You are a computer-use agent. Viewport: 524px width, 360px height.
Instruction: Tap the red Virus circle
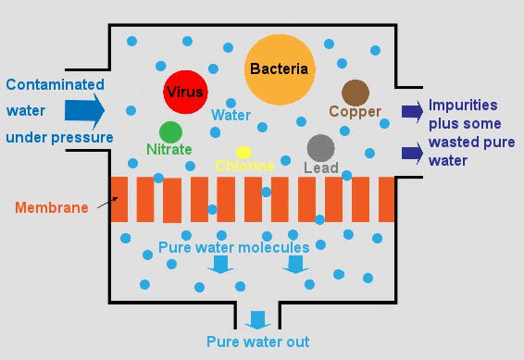coord(184,92)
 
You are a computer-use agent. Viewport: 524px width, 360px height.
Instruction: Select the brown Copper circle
coord(356,93)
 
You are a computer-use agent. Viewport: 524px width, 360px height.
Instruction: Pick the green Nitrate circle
coord(170,132)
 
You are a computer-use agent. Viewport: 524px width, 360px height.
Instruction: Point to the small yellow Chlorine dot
coord(243,152)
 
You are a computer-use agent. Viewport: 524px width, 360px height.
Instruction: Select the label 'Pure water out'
coord(257,341)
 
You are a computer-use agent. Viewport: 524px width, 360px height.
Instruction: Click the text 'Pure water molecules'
coord(233,248)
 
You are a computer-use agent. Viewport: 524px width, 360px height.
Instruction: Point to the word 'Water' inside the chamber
coord(231,117)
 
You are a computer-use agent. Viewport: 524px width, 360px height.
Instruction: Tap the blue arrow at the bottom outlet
coord(257,320)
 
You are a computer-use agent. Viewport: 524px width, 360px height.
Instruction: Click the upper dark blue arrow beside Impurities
coord(411,111)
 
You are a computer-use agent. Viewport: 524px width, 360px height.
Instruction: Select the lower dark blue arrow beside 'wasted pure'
coord(411,152)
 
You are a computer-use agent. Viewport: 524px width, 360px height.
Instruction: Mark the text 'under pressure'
coord(59,138)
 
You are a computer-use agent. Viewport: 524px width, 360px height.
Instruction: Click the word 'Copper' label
coord(356,112)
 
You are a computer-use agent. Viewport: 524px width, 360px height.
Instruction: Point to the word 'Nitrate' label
coord(169,149)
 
